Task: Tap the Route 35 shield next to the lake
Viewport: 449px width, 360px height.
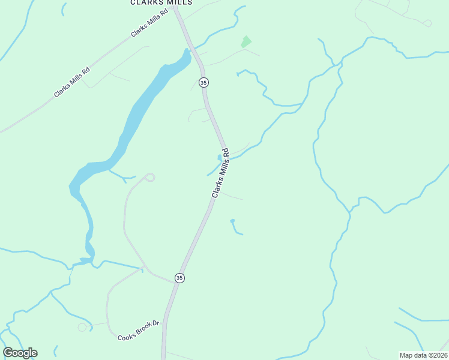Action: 203,82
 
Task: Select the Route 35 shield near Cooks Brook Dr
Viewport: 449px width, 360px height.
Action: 179,277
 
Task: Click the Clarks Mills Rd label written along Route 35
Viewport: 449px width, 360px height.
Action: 221,173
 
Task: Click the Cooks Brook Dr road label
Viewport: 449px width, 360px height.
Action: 139,331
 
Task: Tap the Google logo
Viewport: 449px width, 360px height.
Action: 20,353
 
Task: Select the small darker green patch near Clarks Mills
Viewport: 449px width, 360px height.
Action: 246,41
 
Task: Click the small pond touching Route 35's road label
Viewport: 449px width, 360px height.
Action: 220,158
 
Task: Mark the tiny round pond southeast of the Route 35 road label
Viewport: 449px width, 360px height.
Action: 232,221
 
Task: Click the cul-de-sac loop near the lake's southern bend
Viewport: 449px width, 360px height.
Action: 149,176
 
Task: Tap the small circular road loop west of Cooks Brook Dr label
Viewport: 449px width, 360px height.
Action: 82,327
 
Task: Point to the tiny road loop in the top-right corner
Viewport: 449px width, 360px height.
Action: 427,23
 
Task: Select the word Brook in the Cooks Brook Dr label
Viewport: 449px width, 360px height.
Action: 139,331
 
